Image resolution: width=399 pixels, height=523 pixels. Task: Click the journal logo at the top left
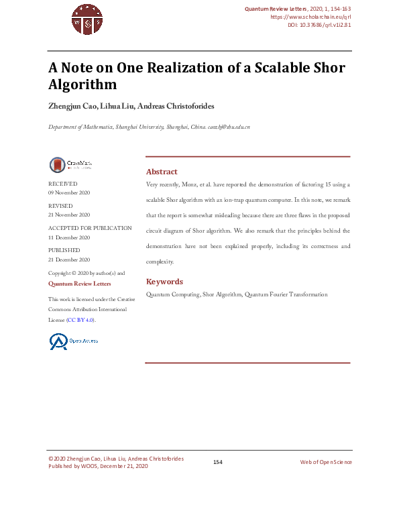(87, 18)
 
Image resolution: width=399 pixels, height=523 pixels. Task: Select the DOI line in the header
(319, 25)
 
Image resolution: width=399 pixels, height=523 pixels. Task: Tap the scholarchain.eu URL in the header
(310, 17)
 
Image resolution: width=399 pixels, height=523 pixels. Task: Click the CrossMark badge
(70, 165)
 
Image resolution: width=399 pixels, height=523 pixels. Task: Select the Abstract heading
(162, 172)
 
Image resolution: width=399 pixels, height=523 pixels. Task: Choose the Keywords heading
(164, 282)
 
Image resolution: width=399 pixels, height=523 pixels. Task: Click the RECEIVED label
(62, 184)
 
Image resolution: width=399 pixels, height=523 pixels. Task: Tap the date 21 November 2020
(69, 215)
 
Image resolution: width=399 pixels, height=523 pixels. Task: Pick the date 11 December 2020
(69, 237)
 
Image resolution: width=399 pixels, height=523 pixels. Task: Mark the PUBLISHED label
(64, 250)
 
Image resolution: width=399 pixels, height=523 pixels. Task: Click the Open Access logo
(73, 341)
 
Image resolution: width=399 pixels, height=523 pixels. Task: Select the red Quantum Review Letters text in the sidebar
(79, 284)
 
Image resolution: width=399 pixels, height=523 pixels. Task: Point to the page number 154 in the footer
(217, 462)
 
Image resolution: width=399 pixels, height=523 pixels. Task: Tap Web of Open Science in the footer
(325, 462)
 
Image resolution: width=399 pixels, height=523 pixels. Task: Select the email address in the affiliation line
(229, 127)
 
